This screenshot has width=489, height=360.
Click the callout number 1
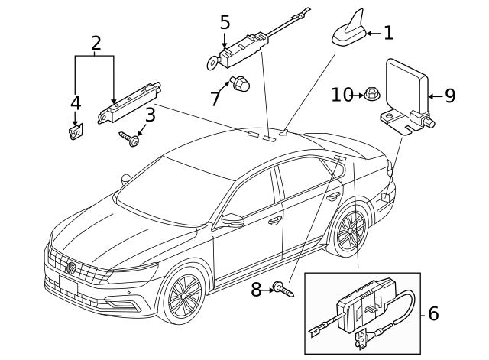point(388,32)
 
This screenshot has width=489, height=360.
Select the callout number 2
point(96,44)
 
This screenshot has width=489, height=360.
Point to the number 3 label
point(75,102)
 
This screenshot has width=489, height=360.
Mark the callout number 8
point(257,288)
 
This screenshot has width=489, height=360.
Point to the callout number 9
point(449,96)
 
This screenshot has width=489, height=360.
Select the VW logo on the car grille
point(71,268)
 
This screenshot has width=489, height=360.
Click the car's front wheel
point(183,297)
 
